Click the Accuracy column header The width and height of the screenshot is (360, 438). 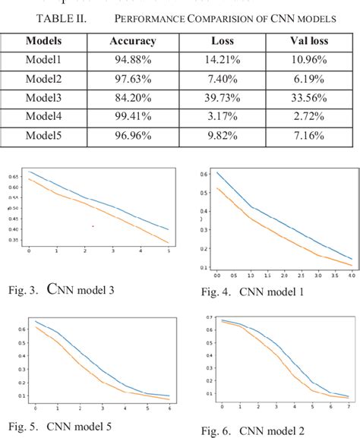tap(132, 41)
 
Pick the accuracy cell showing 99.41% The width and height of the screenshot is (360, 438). tap(132, 118)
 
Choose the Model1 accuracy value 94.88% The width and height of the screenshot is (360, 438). tap(132, 60)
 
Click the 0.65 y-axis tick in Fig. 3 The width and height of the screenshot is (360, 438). tap(15, 176)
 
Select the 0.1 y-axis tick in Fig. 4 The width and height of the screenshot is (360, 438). tap(204, 267)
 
